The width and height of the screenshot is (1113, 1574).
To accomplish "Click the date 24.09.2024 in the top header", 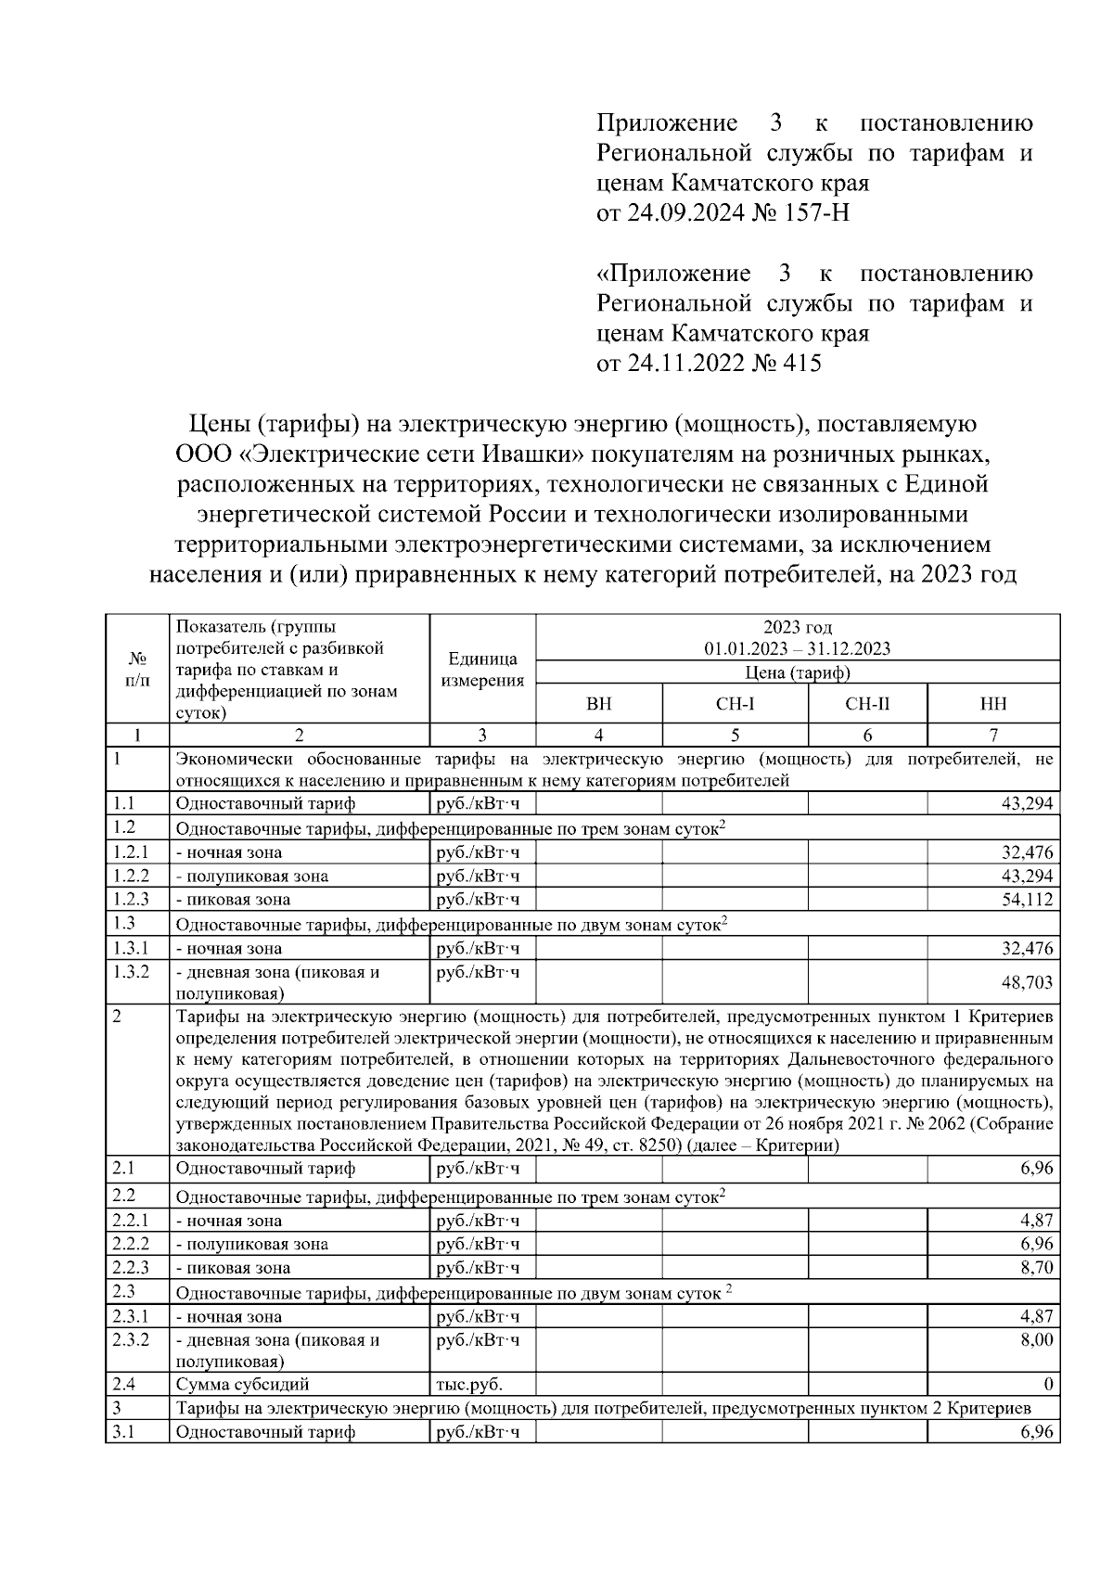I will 684,214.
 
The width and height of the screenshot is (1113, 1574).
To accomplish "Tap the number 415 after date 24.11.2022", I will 801,364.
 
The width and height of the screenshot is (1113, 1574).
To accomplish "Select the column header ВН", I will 599,705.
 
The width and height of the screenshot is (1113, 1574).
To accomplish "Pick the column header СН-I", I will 735,705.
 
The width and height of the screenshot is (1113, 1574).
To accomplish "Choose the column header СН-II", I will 867,705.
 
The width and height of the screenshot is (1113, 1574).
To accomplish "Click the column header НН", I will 993,705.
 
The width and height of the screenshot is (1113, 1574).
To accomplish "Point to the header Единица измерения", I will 482,670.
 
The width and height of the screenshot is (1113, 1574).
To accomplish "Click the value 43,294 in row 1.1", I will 1027,804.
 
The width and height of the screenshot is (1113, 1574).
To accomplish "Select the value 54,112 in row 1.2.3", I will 1027,900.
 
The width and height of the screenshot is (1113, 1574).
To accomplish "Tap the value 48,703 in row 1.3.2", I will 1027,982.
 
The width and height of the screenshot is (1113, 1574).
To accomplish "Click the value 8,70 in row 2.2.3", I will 1036,1268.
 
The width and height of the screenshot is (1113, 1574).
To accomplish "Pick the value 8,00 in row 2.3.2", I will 1036,1340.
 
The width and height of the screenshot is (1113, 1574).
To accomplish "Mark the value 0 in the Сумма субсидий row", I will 1048,1385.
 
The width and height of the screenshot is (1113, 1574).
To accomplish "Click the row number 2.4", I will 123,1385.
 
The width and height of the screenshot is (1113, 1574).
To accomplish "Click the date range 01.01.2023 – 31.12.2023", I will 797,649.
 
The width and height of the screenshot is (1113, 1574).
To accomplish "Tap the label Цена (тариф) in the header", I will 798,673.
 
